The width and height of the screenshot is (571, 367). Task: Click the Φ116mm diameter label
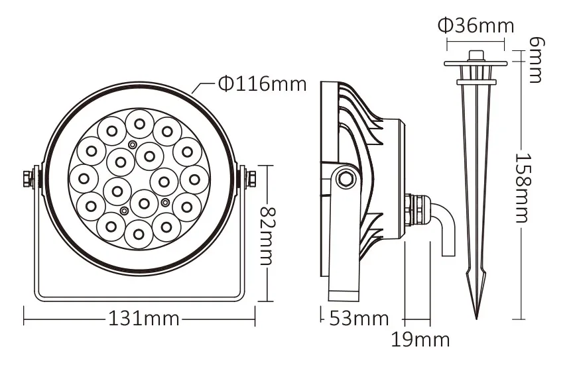point(262,84)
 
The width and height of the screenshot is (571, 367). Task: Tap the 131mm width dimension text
point(143,318)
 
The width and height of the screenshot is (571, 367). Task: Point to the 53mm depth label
point(359,318)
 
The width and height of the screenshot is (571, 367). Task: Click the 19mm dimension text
point(420,340)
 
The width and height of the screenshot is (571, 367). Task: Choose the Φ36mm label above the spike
point(476,26)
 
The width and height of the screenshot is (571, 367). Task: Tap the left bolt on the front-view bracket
point(29,179)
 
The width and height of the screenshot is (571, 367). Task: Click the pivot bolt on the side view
point(344,177)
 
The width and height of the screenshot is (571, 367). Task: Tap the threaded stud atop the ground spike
point(476,55)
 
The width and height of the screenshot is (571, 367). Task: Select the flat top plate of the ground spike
point(476,64)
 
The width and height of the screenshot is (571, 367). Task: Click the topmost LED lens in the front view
point(139,122)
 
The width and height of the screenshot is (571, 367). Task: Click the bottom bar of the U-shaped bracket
point(139,299)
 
